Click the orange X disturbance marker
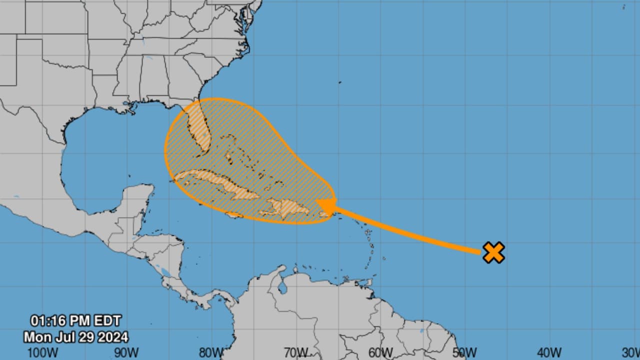pyautogui.click(x=493, y=252)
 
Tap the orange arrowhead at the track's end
pyautogui.click(x=326, y=206)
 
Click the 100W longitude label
pyautogui.click(x=39, y=352)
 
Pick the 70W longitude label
pyautogui.click(x=295, y=352)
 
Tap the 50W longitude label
pyautogui.click(x=465, y=352)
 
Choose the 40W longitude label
pyautogui.click(x=550, y=352)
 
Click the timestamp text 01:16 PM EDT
pyautogui.click(x=75, y=320)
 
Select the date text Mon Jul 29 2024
pyautogui.click(x=75, y=336)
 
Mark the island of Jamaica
pyautogui.click(x=235, y=216)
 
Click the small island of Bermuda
pyautogui.click(x=339, y=82)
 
